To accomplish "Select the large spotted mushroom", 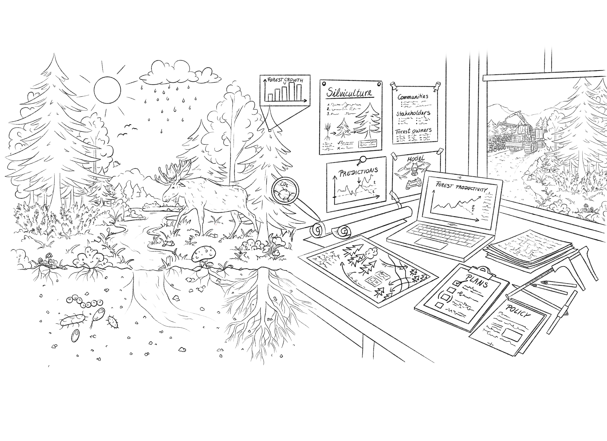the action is [204, 253].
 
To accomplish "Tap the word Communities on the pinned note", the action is [413, 96].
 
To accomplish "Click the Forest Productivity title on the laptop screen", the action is [460, 187].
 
